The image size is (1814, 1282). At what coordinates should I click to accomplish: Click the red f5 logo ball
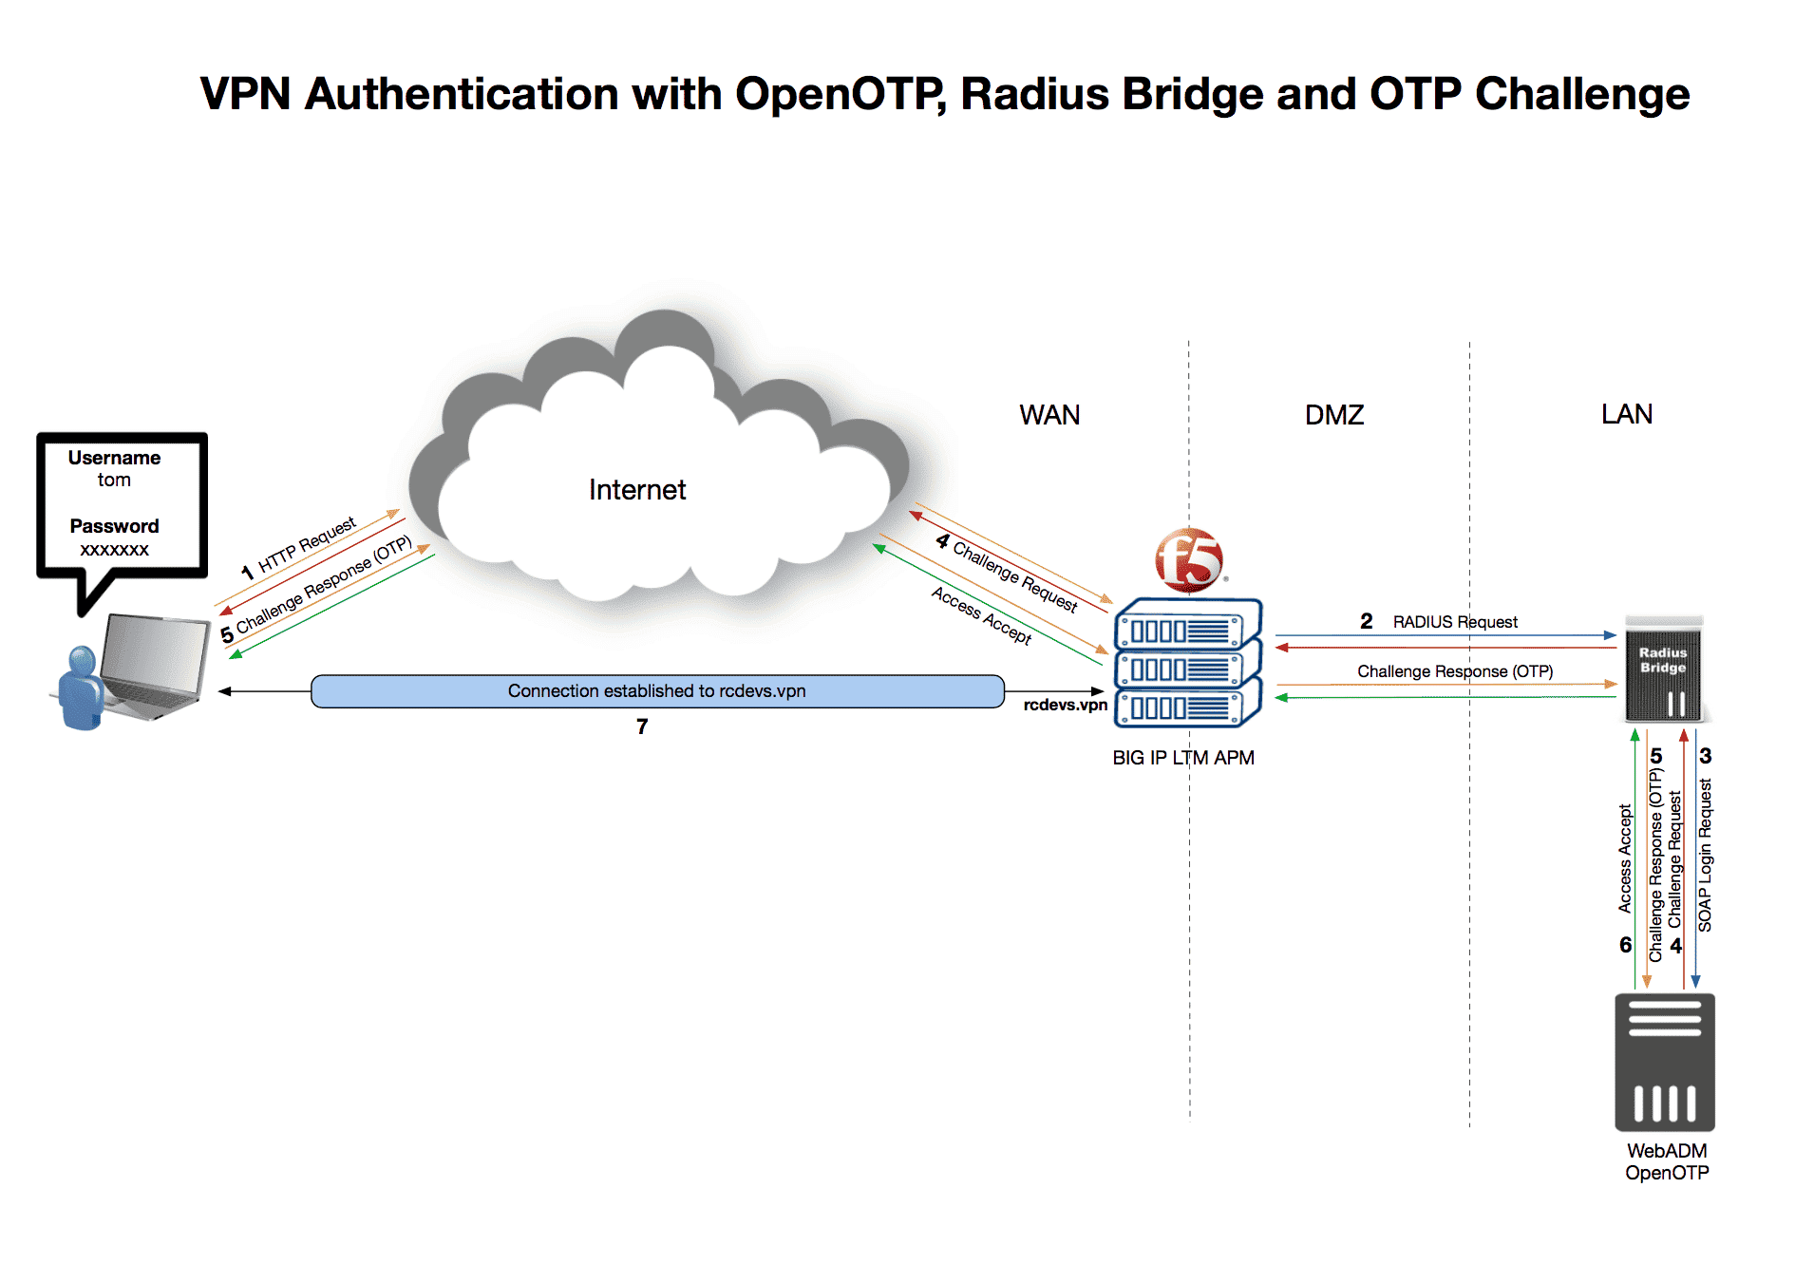1188,560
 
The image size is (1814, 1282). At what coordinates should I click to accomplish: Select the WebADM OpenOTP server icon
1664,1062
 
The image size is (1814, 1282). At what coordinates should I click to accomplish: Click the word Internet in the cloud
636,490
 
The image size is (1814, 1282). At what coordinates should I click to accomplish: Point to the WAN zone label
1049,415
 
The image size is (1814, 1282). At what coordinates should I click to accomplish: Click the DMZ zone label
1333,415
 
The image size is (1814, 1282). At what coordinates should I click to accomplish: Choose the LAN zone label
1626,414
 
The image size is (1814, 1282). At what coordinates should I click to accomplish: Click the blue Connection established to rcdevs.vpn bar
656,691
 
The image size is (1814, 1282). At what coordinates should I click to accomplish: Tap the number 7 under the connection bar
642,726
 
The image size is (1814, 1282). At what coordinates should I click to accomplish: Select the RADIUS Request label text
1454,622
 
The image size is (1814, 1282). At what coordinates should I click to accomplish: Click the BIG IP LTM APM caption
1182,758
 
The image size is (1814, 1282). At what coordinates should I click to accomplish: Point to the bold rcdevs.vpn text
1065,705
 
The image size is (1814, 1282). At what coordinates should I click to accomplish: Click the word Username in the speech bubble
114,458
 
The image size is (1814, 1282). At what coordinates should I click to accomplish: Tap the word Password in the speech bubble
114,526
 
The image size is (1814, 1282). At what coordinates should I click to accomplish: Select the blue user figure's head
82,658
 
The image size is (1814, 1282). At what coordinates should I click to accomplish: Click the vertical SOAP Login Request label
1705,855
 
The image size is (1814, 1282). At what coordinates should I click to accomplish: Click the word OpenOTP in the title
840,94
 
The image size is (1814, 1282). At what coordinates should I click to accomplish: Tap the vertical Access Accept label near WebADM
1625,859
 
